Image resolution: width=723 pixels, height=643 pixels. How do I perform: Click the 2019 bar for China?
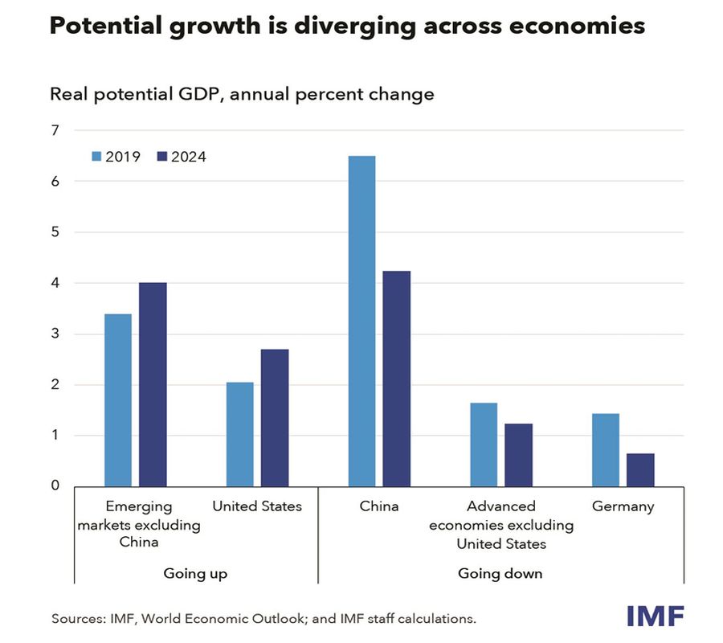(361, 321)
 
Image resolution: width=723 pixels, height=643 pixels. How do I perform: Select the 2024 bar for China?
(397, 379)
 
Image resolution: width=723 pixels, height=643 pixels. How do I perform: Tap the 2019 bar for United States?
(240, 434)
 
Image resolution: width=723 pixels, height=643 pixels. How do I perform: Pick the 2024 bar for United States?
(275, 418)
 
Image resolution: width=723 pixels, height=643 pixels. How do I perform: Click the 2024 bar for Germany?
(640, 470)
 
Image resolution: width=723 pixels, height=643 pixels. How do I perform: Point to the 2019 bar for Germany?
(606, 450)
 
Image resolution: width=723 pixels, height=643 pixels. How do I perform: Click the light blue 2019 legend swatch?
(96, 157)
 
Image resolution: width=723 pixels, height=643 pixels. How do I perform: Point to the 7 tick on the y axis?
(55, 130)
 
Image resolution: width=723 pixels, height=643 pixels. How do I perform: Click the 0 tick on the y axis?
(55, 485)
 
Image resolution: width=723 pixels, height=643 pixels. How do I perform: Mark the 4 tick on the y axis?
(55, 283)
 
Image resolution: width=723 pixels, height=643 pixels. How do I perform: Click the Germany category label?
(623, 506)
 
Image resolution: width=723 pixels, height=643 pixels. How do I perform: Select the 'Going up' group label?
(195, 573)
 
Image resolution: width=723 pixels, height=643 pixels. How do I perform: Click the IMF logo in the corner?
(655, 616)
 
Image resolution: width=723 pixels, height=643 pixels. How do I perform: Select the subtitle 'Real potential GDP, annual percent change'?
(242, 94)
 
